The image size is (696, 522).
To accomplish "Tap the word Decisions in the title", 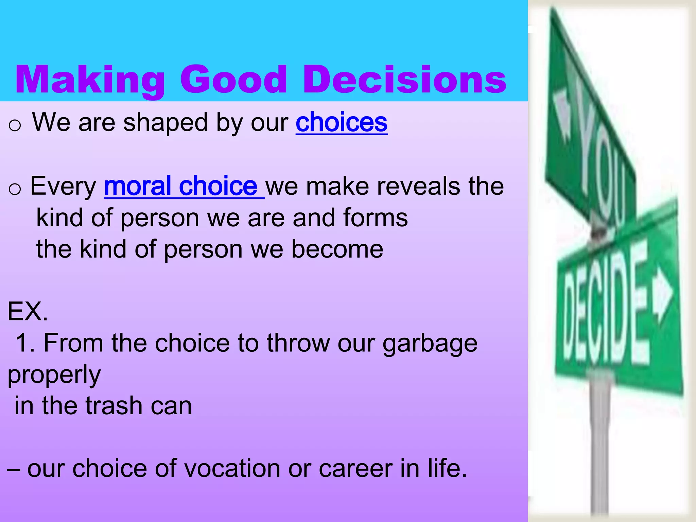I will tap(404, 80).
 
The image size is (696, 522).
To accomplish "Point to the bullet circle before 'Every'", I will tap(15, 189).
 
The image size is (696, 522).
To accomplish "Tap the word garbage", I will tap(430, 343).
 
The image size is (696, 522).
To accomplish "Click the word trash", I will tap(114, 406).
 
